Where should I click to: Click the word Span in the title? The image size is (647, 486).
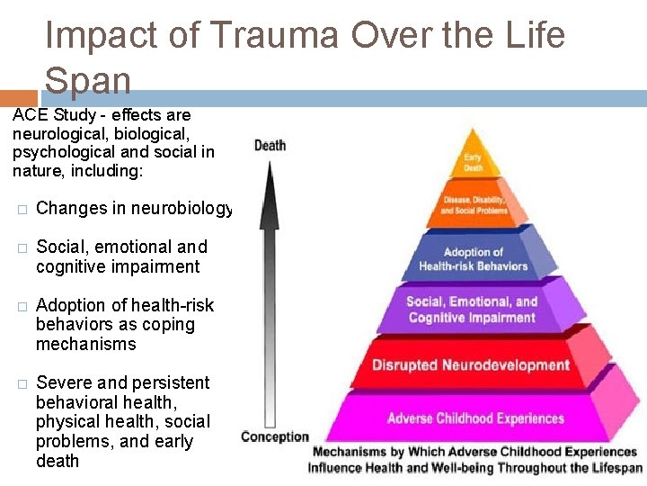87,80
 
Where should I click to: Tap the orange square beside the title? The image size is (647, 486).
19,98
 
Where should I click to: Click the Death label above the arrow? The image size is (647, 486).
270,145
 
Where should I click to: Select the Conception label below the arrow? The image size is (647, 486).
274,437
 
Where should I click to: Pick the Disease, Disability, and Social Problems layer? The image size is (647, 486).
474,204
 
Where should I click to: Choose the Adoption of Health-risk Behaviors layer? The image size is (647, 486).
474,259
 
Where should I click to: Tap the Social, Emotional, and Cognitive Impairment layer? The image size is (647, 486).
472,310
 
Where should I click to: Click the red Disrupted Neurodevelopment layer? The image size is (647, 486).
471,364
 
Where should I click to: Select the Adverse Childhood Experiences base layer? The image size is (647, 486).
475,418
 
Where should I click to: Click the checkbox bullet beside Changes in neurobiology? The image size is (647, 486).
22,210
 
